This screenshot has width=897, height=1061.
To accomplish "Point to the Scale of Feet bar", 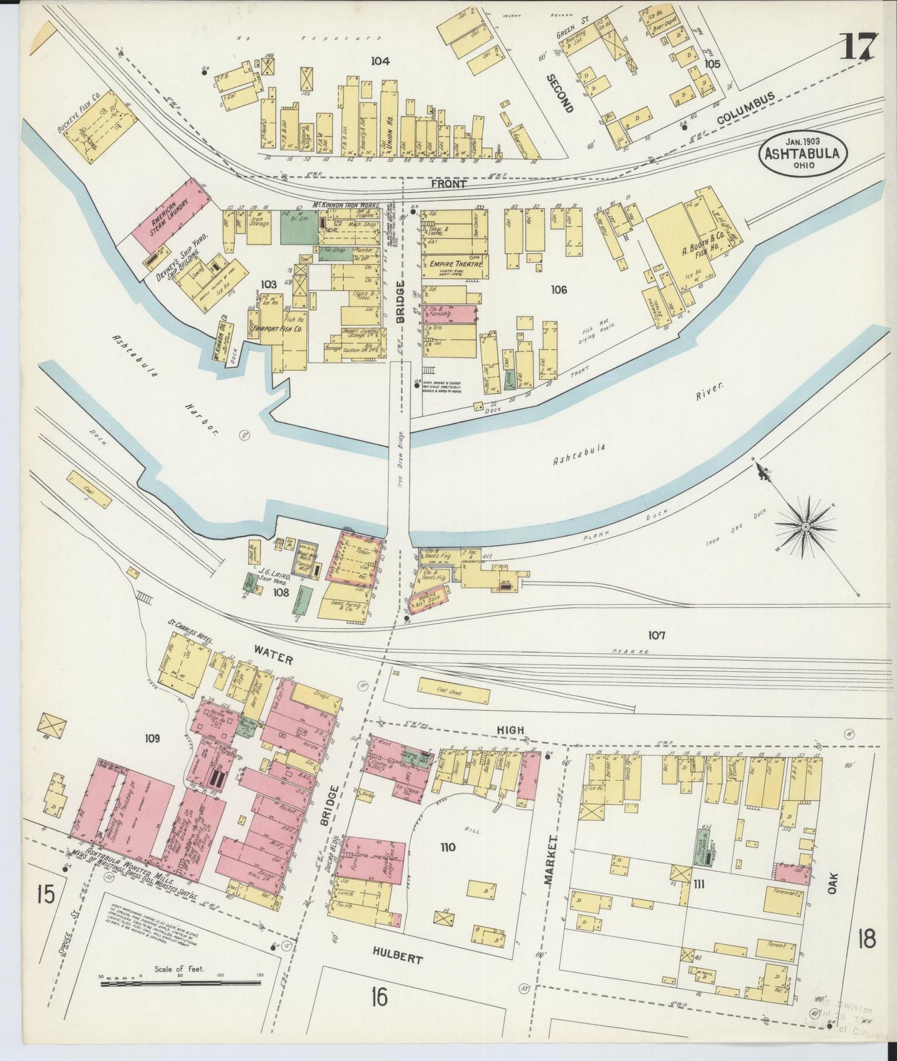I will (x=180, y=982).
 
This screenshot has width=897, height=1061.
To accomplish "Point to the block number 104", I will (x=380, y=61).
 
